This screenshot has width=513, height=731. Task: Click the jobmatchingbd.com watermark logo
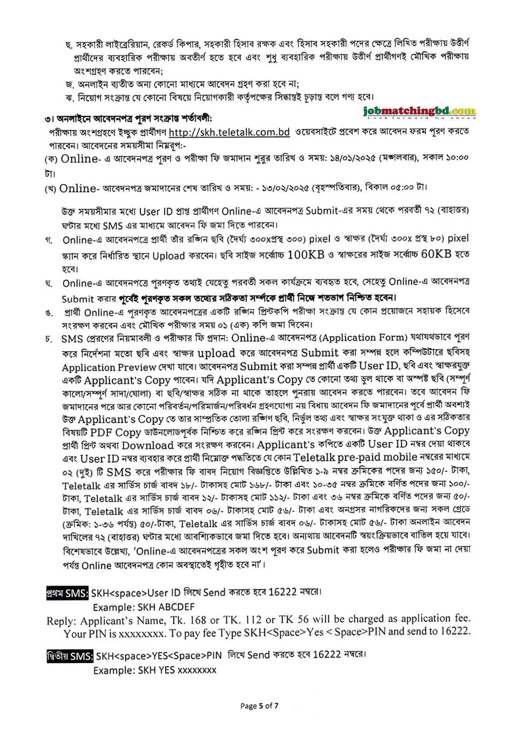click(419, 112)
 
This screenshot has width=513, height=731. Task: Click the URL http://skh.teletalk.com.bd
click(229, 132)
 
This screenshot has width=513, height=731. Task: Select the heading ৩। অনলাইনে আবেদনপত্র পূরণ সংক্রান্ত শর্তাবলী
click(128, 118)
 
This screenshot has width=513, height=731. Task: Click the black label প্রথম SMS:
click(67, 593)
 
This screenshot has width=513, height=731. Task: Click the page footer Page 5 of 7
click(259, 706)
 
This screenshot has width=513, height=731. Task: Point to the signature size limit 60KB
click(436, 254)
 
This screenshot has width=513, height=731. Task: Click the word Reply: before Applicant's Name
click(61, 621)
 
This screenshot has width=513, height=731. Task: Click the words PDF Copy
click(116, 433)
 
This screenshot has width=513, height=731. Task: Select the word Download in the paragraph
click(148, 445)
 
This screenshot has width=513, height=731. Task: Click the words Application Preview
click(109, 367)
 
